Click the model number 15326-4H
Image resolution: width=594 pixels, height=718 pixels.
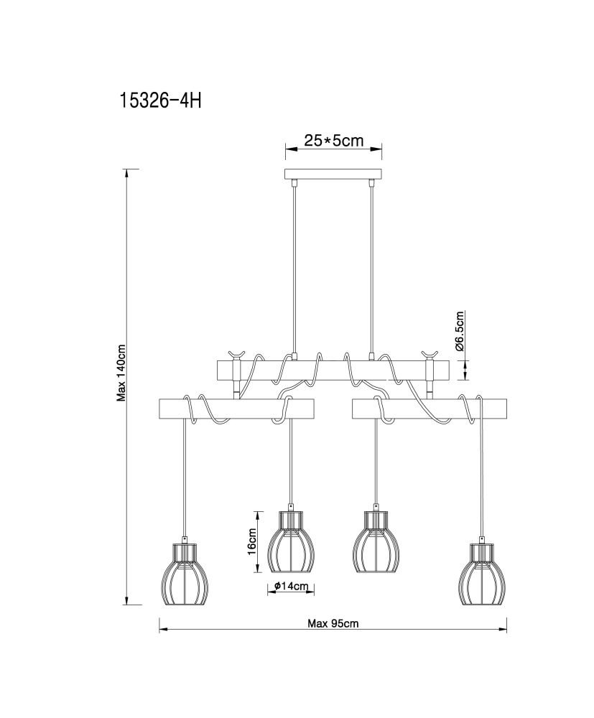click(x=160, y=101)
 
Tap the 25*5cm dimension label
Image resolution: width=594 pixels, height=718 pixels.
click(x=333, y=140)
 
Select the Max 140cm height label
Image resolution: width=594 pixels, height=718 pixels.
click(x=121, y=373)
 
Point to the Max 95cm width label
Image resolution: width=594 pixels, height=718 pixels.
click(x=333, y=623)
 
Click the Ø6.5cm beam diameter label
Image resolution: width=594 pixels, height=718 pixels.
click(x=460, y=330)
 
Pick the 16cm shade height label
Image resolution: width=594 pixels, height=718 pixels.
click(x=251, y=541)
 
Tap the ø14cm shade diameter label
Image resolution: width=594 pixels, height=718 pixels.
click(x=291, y=586)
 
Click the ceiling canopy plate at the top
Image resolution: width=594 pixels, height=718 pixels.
click(x=333, y=174)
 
